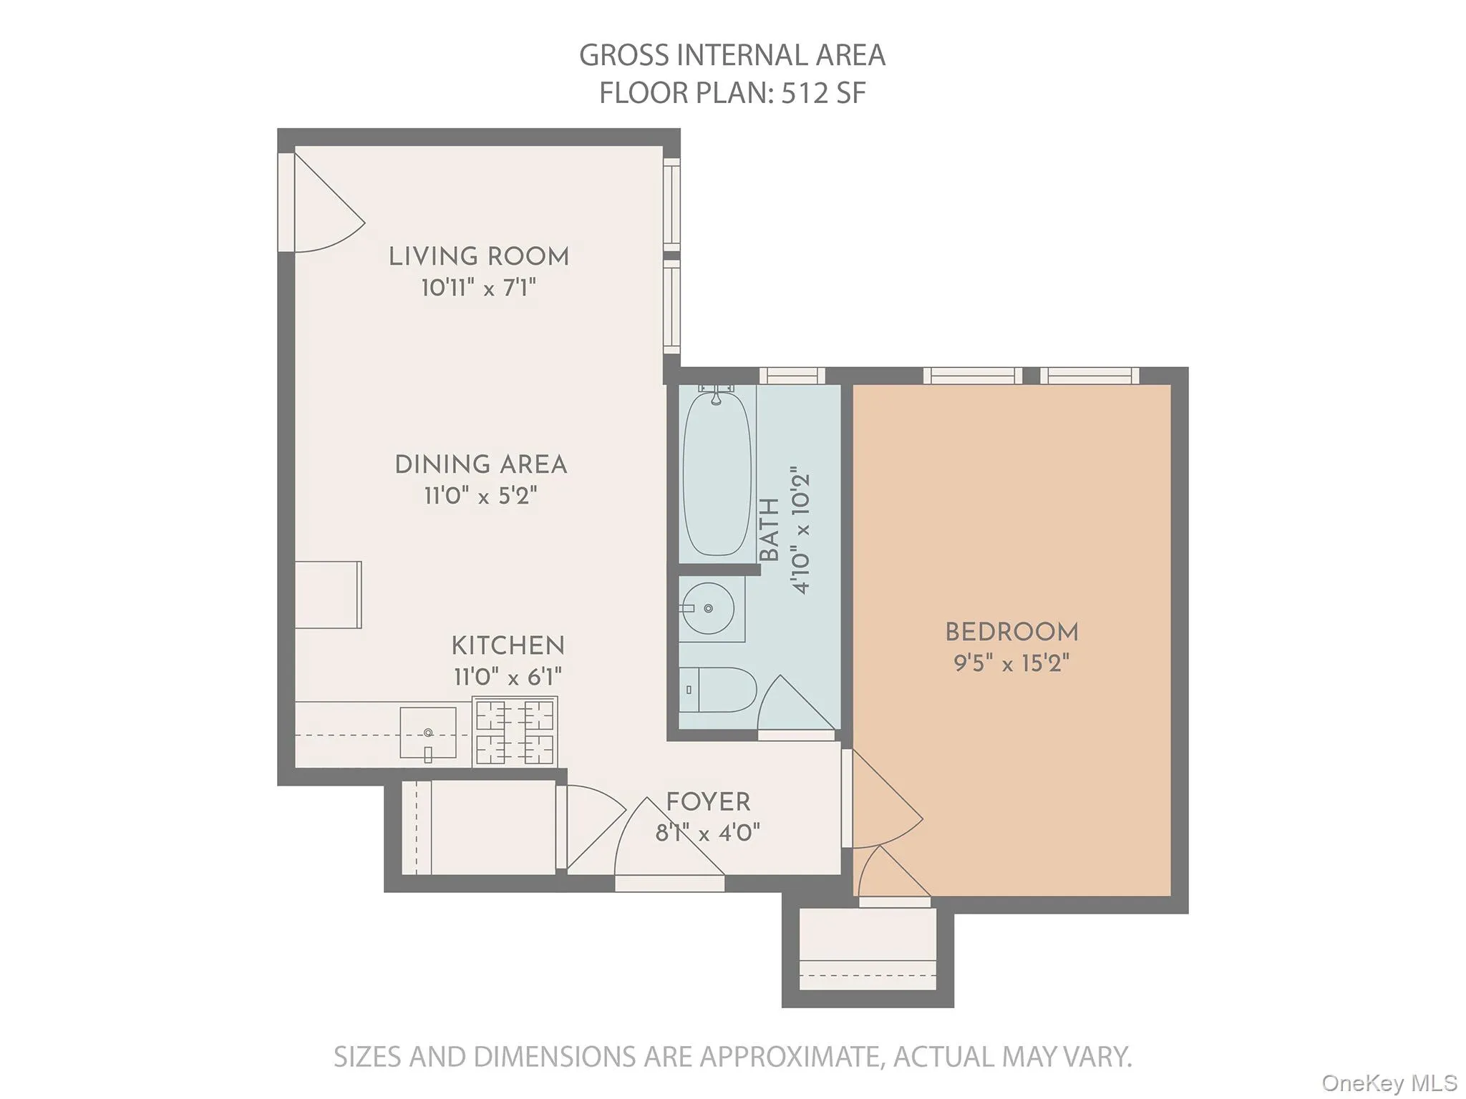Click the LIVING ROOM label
click(479, 256)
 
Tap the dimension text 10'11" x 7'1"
click(479, 288)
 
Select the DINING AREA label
click(480, 464)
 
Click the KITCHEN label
click(508, 646)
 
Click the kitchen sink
click(428, 733)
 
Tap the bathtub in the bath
click(717, 472)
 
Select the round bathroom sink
click(708, 609)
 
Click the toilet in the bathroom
click(717, 690)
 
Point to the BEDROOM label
click(1011, 632)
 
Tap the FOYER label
click(708, 802)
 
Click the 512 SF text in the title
click(823, 94)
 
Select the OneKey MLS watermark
click(1389, 1083)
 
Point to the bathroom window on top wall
click(792, 376)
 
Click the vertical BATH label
click(770, 530)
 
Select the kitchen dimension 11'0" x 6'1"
click(508, 677)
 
